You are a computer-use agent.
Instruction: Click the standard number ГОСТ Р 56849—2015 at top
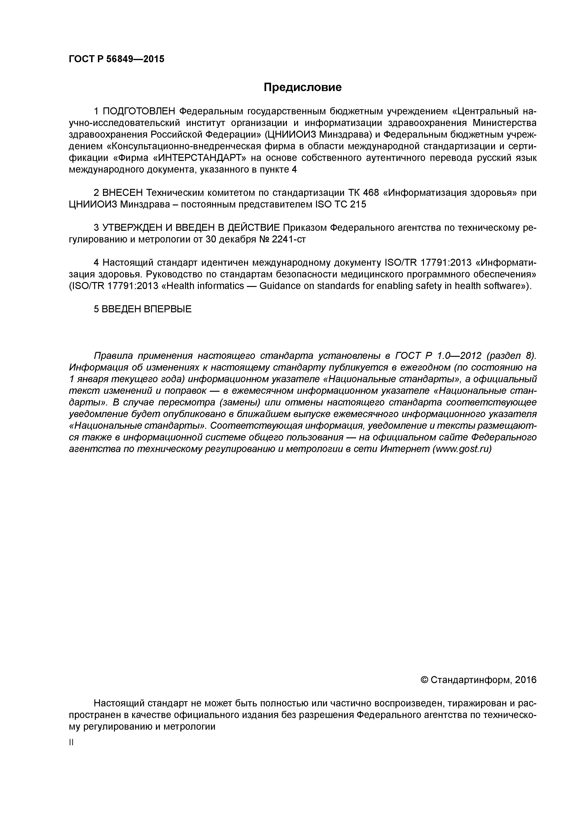click(x=117, y=59)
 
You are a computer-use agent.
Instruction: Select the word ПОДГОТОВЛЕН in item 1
click(x=139, y=111)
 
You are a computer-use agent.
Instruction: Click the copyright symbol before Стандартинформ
click(x=424, y=680)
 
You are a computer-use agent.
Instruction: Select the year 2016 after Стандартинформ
click(x=525, y=680)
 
